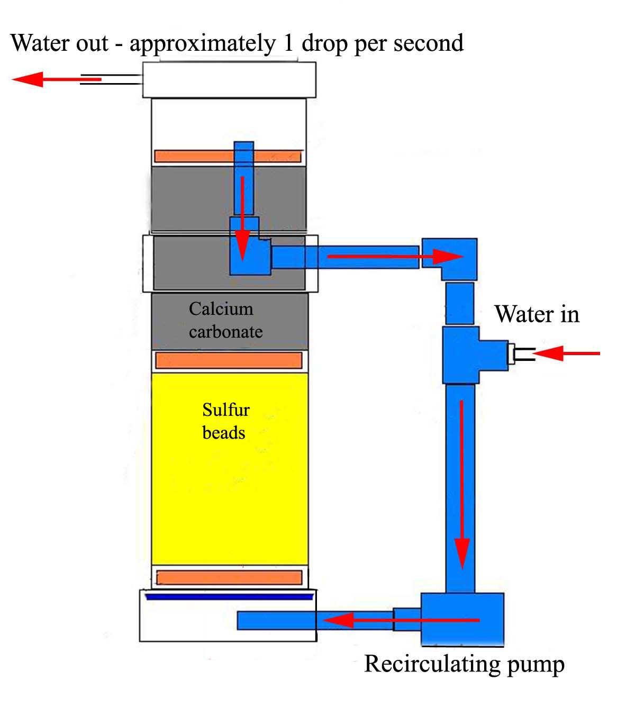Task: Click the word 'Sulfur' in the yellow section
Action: point(226,410)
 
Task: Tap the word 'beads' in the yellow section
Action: point(224,433)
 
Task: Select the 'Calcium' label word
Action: point(221,309)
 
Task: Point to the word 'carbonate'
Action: point(226,332)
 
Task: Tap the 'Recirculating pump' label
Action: point(465,665)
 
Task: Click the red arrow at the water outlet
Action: point(57,79)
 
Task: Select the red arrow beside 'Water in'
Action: point(566,353)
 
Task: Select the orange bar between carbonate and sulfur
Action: point(229,360)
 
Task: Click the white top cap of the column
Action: point(229,80)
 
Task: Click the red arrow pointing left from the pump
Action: point(401,620)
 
